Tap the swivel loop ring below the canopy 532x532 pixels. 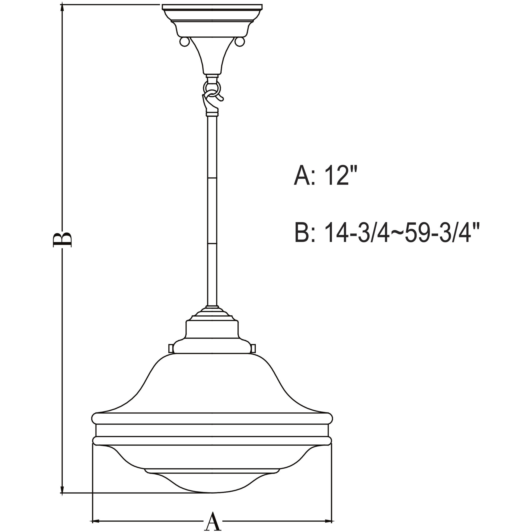(212, 88)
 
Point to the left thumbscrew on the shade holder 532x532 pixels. (171, 348)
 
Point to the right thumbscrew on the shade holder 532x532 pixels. (253, 348)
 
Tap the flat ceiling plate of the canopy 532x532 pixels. (212, 7)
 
